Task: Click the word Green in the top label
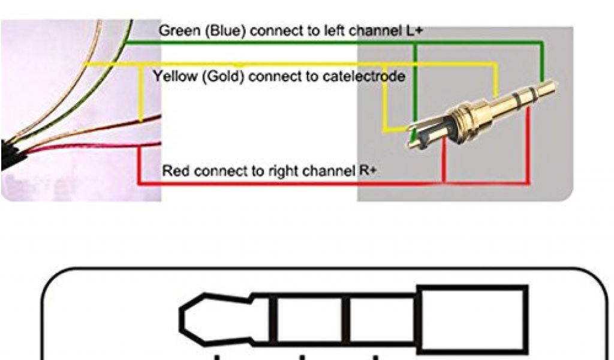coord(174,31)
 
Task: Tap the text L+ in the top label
coord(414,31)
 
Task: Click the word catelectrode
coord(368,77)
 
